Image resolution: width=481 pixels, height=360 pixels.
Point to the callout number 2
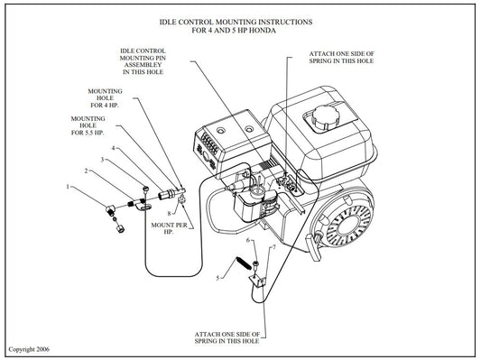coord(87,171)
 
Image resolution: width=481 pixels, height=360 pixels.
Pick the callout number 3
coord(102,160)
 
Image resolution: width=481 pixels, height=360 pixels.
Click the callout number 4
coord(112,148)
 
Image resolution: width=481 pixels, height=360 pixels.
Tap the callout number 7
coord(272,246)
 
